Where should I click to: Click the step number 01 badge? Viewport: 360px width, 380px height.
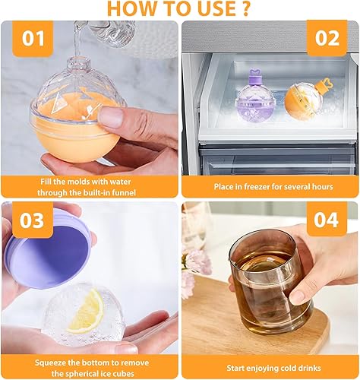tap(33, 39)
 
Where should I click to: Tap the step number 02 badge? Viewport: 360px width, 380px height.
tap(327, 39)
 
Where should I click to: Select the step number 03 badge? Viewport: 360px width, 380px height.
tap(33, 220)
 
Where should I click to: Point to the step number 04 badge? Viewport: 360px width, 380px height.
tap(327, 220)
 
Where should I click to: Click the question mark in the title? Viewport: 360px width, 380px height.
tap(245, 9)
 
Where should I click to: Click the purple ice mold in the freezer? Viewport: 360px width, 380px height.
tap(255, 100)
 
